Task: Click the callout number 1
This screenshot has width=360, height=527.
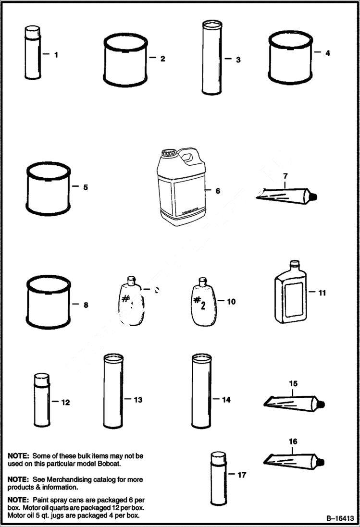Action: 56,55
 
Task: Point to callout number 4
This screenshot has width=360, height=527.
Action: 327,53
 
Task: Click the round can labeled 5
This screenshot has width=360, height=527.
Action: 48,188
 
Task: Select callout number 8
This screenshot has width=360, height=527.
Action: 86,305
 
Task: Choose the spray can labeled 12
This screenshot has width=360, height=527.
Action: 42,401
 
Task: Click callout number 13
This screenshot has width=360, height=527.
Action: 138,400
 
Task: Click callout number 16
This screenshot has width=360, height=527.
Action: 293,441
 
